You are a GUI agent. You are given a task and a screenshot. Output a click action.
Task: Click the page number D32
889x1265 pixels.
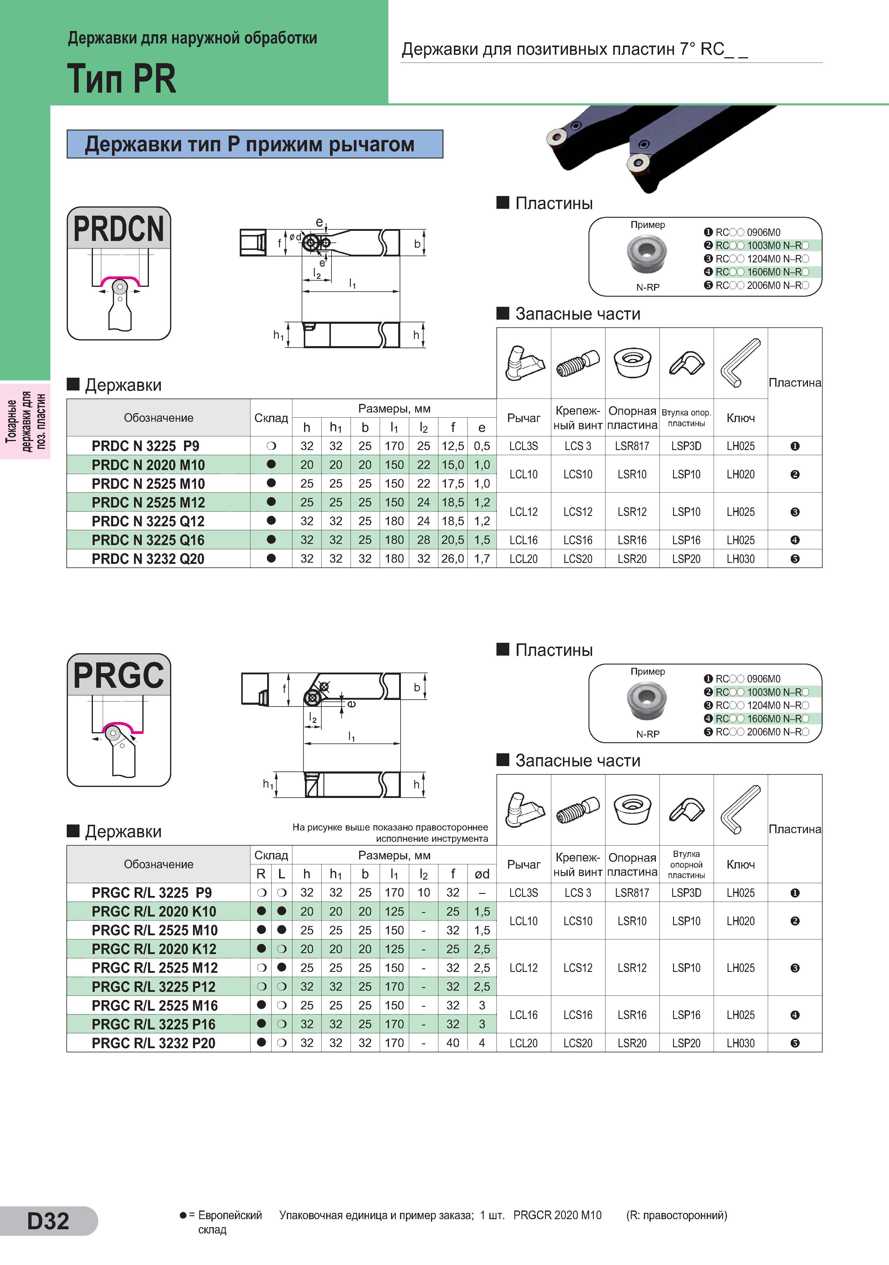(49, 1220)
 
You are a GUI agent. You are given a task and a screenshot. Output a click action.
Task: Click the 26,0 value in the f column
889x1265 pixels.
(453, 559)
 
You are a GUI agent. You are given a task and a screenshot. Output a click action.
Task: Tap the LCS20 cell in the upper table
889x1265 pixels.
(578, 559)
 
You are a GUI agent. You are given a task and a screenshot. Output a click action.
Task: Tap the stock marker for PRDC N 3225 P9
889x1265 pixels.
(271, 446)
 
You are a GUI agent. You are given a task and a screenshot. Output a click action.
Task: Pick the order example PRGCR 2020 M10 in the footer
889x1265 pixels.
(558, 1215)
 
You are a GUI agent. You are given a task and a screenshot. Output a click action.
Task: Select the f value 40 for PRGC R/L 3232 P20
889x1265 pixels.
(453, 1043)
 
